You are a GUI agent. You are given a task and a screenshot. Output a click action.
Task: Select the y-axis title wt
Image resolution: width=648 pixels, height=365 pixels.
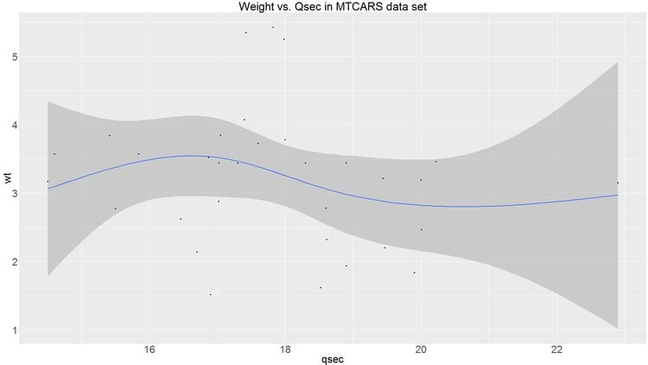coord(7,179)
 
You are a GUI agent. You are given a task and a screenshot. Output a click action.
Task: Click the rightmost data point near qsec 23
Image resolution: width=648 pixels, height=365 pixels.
coord(618,182)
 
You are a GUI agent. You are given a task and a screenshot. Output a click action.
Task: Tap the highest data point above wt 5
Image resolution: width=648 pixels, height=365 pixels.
coord(273,27)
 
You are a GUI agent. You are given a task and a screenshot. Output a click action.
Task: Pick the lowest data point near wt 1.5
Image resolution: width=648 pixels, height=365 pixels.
coord(210,294)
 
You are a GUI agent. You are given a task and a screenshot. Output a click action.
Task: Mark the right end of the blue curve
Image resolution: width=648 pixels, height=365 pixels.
coord(618,195)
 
